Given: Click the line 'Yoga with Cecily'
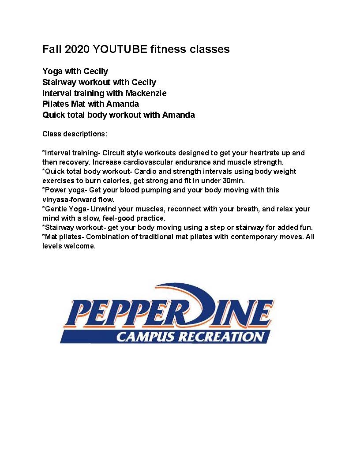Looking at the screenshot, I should pos(75,71).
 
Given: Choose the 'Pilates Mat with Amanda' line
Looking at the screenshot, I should pos(90,104).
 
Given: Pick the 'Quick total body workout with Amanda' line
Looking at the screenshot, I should pos(119,115).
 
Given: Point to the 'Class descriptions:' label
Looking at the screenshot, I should pos(75,133).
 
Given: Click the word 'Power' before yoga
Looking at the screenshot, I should pos(56,190).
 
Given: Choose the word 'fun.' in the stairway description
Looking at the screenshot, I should pos(305,227).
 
